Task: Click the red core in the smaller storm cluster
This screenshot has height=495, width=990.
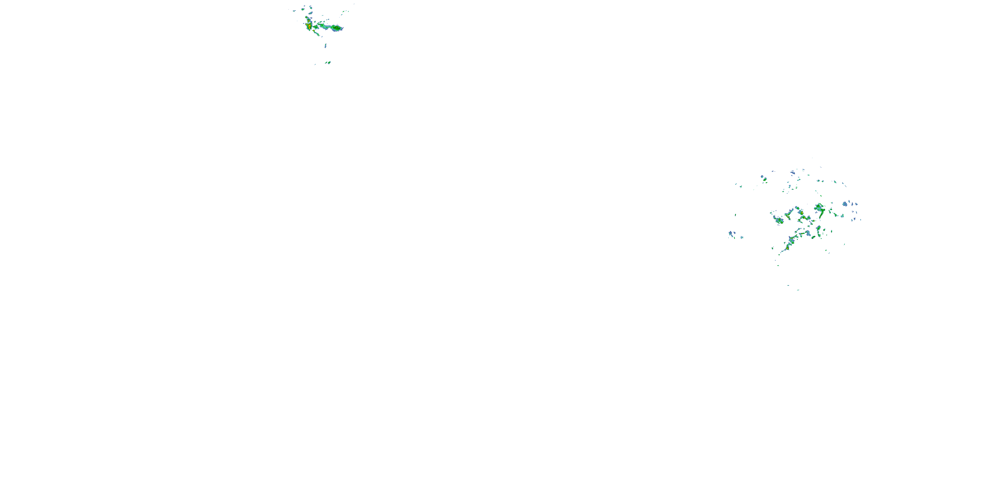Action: click(x=308, y=26)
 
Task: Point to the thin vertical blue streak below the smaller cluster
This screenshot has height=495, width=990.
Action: click(x=325, y=46)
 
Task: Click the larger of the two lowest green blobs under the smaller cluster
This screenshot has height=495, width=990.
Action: click(x=329, y=62)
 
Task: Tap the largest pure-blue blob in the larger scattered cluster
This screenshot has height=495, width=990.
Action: click(x=845, y=204)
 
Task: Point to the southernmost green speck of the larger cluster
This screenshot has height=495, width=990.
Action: click(x=798, y=290)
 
